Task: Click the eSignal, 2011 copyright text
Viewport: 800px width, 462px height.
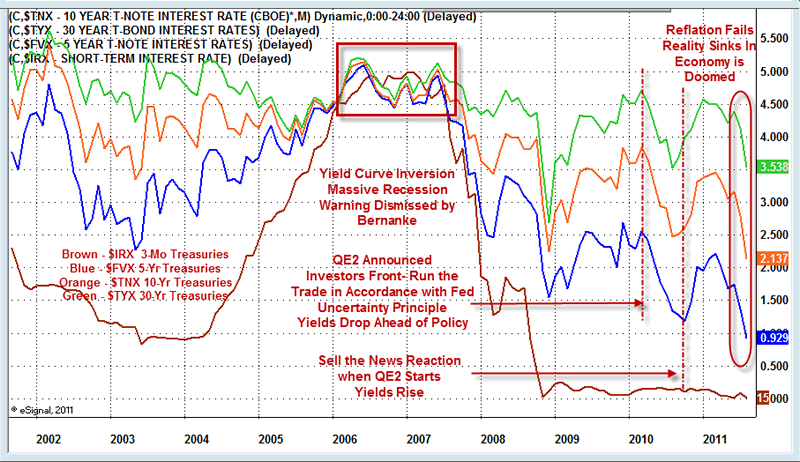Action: pyautogui.click(x=40, y=409)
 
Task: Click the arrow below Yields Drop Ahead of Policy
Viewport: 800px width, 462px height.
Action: pyautogui.click(x=555, y=302)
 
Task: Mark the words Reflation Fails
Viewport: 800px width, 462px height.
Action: pyautogui.click(x=715, y=29)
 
